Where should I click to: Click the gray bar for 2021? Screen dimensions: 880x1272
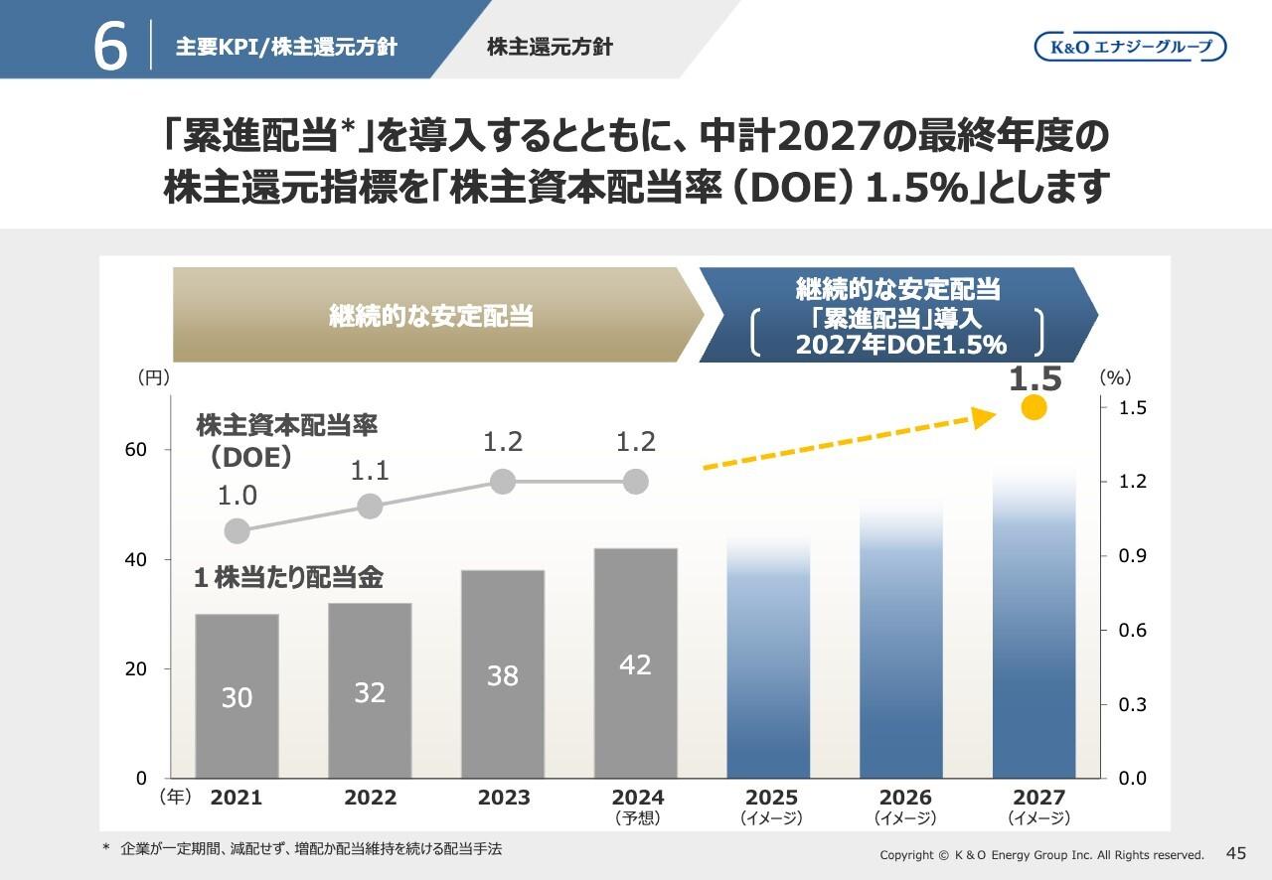tap(237, 695)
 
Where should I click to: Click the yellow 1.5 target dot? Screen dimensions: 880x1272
tap(1033, 407)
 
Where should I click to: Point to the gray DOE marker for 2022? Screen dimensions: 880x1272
tap(370, 507)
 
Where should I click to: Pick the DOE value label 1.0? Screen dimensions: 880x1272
tap(238, 496)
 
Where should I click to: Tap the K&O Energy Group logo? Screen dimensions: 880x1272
tap(1130, 47)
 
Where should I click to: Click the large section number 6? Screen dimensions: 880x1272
tap(110, 47)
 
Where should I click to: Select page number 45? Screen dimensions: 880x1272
tap(1236, 853)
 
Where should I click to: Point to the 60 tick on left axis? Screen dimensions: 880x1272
tap(137, 450)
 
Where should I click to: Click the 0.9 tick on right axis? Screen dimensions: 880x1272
tap(1133, 556)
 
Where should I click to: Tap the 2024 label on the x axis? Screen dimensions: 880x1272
tap(637, 798)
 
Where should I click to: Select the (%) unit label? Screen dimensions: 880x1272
tap(1116, 377)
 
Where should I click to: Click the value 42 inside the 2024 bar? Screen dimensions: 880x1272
tap(635, 664)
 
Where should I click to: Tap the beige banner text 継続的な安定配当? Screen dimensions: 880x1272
tap(431, 316)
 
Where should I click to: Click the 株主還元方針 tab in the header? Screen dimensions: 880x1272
tap(550, 47)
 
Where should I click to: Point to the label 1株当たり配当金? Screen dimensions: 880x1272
tap(288, 579)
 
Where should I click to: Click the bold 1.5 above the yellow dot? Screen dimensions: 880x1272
tap(1034, 378)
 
